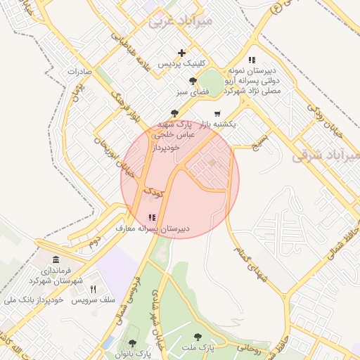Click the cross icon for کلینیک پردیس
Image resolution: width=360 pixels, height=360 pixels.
pos(182,53)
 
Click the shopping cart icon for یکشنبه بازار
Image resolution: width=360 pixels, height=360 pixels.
pos(217,113)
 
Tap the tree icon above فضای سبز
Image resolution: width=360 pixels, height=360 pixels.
pos(183,81)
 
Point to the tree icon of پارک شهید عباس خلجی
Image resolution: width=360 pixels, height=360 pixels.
pos(174,112)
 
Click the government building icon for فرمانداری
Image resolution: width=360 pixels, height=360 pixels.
pos(56,260)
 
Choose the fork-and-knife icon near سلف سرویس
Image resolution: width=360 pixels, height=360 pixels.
pos(93,289)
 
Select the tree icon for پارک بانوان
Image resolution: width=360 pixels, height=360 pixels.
pos(132,343)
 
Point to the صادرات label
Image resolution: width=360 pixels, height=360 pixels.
pos(80,72)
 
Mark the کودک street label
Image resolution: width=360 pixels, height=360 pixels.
pos(153,191)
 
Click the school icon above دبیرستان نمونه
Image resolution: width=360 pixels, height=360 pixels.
pos(252,60)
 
